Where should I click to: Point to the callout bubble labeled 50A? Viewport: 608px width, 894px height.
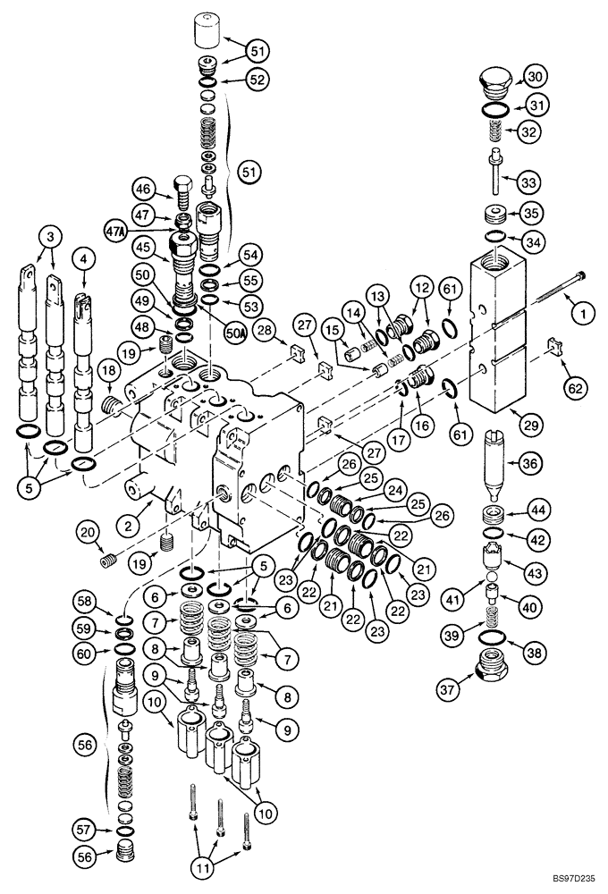[x=235, y=334]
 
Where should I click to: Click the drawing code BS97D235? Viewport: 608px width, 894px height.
[x=565, y=880]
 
